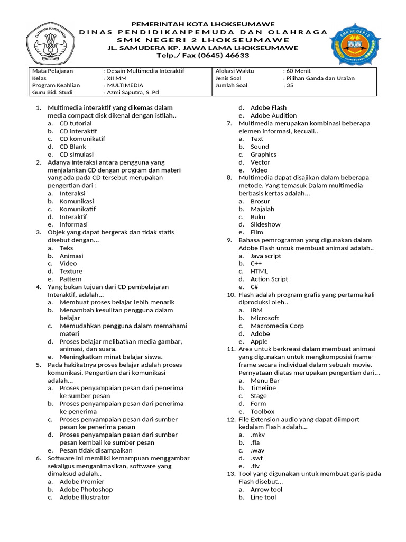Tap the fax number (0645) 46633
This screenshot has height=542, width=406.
pos(222,55)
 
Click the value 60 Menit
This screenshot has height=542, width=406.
pos(297,70)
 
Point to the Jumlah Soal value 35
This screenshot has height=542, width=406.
pos(288,85)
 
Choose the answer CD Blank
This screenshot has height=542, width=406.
pos(72,147)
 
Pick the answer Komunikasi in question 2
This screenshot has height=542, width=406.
pos(76,201)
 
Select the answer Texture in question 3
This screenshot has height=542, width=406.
pos(70,271)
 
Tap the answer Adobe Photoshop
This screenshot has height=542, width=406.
pos(86,490)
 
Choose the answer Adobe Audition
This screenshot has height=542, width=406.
pos(273,115)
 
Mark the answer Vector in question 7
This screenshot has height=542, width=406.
pos(260,162)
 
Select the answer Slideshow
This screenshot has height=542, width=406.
pos(265,224)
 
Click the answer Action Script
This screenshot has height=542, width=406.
pos(269,279)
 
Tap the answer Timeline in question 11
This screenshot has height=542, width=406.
pos(263,388)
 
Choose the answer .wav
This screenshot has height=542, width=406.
pos(258,450)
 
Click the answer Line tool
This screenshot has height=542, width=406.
pos(263,498)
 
